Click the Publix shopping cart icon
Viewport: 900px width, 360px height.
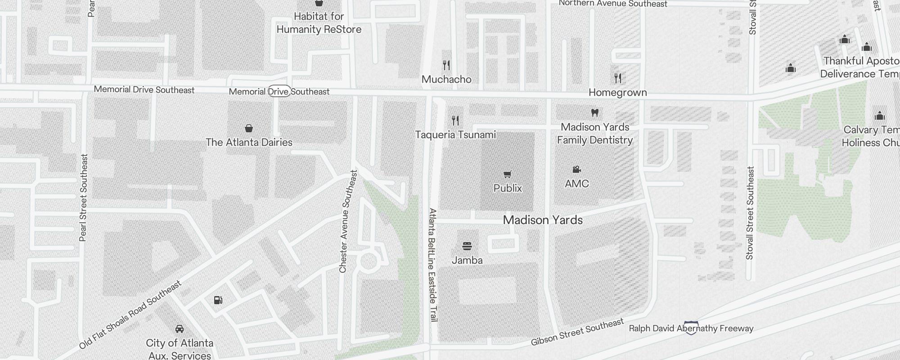[x=508, y=174]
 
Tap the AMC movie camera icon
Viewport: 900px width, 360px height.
[x=576, y=169]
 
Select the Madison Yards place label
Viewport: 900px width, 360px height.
[x=543, y=220]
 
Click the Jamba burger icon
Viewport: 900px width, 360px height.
[x=467, y=246]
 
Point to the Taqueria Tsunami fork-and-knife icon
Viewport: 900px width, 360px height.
[x=455, y=120]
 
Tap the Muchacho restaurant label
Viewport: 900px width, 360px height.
[x=446, y=79]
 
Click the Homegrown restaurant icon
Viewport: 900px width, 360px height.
[x=618, y=78]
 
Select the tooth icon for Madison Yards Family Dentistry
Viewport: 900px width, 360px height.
[x=594, y=112]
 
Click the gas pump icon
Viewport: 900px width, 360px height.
[x=218, y=300]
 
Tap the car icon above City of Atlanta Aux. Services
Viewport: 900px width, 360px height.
[x=180, y=328]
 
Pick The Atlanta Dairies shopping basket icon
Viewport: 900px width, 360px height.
[x=248, y=128]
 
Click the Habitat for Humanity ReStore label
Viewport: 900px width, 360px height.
[x=319, y=23]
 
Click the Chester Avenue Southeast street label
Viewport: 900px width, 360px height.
[x=348, y=221]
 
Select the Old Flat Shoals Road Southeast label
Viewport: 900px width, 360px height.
[x=130, y=315]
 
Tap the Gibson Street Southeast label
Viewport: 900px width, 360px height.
[x=577, y=332]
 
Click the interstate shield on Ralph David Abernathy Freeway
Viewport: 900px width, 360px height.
[x=691, y=328]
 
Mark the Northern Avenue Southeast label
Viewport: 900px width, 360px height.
[x=613, y=4]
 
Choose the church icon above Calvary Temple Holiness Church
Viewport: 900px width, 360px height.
[x=880, y=116]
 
